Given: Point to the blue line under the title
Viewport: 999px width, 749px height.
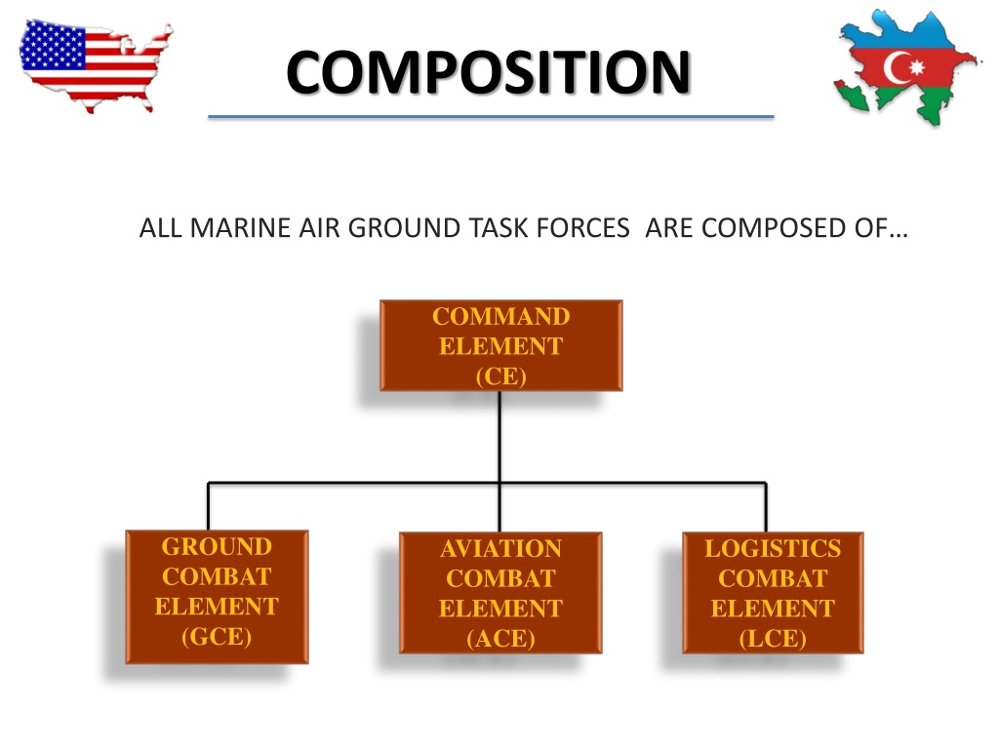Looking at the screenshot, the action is pos(491,117).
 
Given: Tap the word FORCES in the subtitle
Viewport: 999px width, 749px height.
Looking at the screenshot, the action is pos(588,229).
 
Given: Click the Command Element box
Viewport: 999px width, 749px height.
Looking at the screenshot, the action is pos(500,345).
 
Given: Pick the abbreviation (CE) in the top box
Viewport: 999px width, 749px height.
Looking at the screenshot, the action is pos(500,376).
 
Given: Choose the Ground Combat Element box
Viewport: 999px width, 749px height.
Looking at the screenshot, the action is pos(217,596).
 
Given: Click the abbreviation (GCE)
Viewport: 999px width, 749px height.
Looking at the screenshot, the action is pos(217,637).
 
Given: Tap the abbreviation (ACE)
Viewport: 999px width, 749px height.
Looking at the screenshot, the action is pos(500,639).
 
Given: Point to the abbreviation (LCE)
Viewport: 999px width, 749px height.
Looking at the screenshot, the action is pos(773,639).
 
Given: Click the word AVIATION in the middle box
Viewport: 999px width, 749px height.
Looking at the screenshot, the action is pos(500,549).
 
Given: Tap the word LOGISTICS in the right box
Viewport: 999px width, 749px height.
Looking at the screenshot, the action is pos(773,548).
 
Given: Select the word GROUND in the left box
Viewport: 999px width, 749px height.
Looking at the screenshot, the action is pos(217,546).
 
